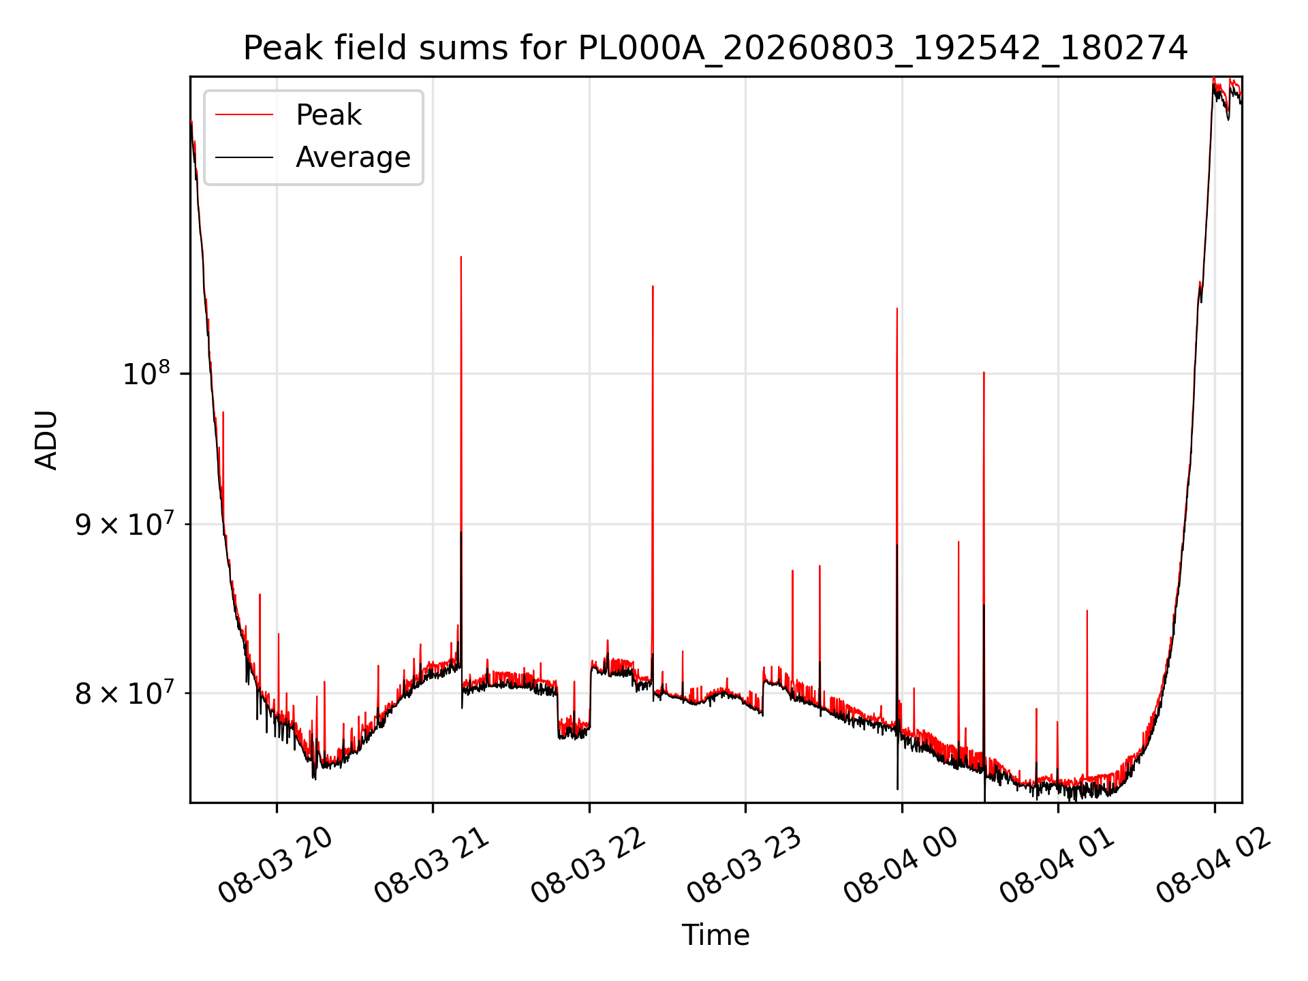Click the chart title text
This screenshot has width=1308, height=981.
click(715, 48)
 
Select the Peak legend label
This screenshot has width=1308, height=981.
click(328, 115)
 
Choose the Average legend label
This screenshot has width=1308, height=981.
click(353, 157)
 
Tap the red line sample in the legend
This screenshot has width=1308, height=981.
click(244, 115)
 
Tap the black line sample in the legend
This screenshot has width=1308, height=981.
click(244, 157)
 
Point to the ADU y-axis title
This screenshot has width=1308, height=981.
click(47, 440)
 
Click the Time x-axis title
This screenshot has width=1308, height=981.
click(715, 935)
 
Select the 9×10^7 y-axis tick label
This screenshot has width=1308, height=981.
click(124, 524)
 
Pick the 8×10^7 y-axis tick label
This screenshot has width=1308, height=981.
click(124, 694)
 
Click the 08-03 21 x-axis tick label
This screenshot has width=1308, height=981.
click(432, 865)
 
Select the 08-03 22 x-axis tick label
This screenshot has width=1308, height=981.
click(589, 865)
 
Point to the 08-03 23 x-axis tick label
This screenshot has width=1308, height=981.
click(745, 865)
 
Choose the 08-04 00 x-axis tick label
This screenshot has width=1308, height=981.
click(901, 865)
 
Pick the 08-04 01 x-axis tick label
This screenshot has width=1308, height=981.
click(1057, 865)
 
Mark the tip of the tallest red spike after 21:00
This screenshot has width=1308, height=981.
click(461, 257)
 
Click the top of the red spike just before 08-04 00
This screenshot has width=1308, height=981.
click(897, 309)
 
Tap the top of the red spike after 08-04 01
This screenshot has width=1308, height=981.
click(1087, 610)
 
